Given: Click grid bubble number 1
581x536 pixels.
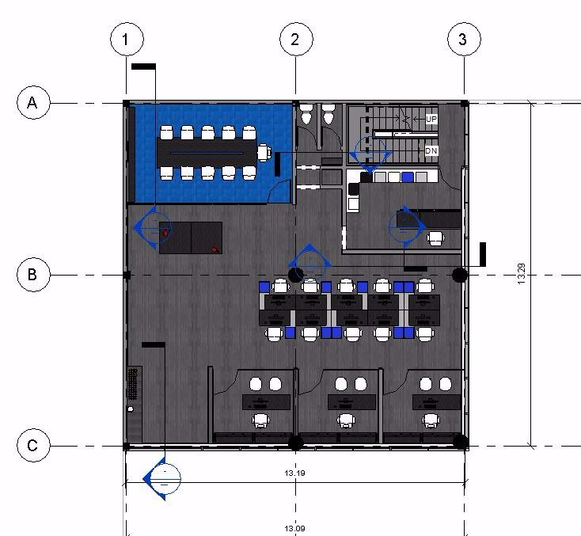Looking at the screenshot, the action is [x=127, y=40].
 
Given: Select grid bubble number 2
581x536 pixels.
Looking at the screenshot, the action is [x=296, y=40].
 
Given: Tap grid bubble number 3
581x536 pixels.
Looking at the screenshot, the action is [x=465, y=40].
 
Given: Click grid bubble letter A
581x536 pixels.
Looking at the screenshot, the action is [x=34, y=103].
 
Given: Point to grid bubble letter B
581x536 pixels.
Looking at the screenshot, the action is [x=34, y=275].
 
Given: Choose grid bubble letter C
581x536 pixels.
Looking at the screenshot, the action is [x=34, y=445].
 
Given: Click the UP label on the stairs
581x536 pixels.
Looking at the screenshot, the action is [x=431, y=119].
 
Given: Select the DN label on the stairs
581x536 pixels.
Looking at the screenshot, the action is [x=431, y=151].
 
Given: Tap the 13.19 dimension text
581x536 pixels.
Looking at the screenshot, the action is [x=295, y=473].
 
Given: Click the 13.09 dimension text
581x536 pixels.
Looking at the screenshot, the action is [x=295, y=528].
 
